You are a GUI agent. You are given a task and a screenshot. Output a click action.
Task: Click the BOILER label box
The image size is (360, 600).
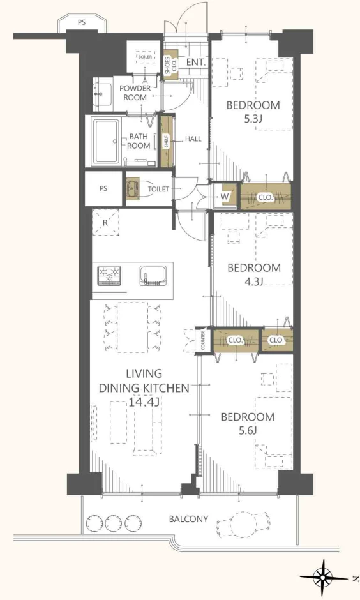pos(145,57)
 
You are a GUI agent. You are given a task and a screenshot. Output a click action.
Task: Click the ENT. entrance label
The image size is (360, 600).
pos(197,62)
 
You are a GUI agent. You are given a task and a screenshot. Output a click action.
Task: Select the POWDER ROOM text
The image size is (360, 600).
pos(135,93)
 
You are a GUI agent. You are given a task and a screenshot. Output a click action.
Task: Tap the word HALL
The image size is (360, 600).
pos(193,139)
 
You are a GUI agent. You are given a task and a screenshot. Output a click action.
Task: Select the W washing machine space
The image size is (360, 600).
pos(225,197)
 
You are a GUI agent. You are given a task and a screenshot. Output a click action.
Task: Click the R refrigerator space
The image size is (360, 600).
pos(105,222)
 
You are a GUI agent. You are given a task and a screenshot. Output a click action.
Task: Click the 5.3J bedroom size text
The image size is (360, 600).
pos(253,119)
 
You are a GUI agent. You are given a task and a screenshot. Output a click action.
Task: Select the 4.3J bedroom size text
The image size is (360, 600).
pos(254,281)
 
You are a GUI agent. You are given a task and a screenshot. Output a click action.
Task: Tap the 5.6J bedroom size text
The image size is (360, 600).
pos(248,431)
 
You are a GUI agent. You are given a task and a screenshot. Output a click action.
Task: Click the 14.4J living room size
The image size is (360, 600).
pos(144,402)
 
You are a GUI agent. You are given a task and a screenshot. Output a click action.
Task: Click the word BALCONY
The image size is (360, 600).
pos(188,519)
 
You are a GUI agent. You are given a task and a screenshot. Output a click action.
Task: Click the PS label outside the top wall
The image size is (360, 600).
pos(82,22)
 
